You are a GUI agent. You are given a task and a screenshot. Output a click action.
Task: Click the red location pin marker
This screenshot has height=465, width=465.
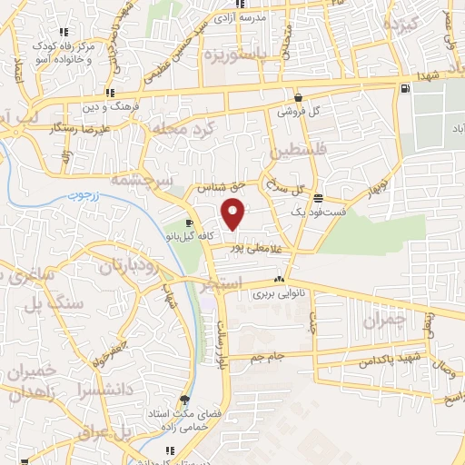tap(234, 214)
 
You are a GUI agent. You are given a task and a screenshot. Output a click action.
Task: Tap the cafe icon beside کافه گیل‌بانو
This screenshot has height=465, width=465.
tap(188, 223)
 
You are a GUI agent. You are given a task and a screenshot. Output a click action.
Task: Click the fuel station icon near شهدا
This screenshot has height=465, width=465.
tap(403, 87)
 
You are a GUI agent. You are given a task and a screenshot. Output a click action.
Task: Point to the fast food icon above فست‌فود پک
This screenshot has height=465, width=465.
tap(317, 198)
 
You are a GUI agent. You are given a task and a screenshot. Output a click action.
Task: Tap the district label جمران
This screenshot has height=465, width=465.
tap(381, 320)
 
